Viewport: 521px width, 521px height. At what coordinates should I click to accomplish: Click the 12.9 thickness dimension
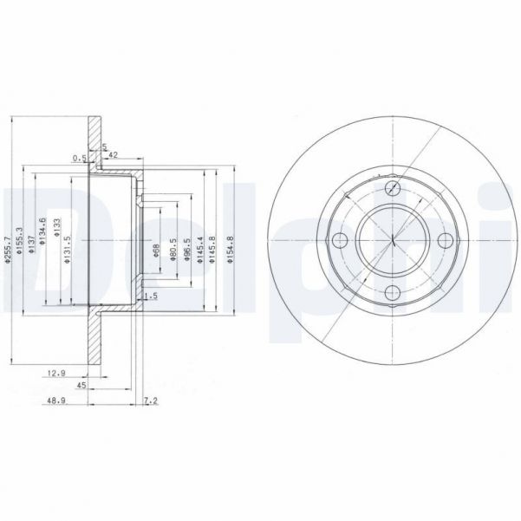55,373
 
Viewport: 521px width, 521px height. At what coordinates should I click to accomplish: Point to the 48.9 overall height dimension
55,401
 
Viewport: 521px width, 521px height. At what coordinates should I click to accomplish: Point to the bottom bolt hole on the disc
392,293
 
